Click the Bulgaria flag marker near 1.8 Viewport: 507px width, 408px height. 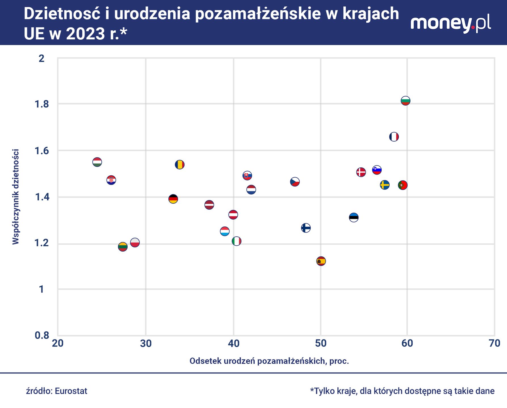click(x=405, y=101)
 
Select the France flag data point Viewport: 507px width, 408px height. click(x=394, y=137)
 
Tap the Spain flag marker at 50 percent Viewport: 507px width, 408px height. click(x=321, y=261)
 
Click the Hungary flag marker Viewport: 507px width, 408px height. click(x=97, y=162)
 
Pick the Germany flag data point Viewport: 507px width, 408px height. click(x=173, y=199)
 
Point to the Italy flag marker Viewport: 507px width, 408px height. click(x=236, y=241)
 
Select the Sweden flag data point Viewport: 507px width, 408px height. click(x=385, y=185)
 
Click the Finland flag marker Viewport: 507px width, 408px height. click(x=306, y=228)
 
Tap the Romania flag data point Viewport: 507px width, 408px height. click(x=179, y=164)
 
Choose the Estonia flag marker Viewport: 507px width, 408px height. click(x=354, y=217)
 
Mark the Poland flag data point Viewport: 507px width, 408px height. click(x=135, y=243)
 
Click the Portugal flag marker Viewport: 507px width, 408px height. click(x=403, y=185)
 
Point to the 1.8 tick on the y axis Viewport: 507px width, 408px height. click(x=42, y=104)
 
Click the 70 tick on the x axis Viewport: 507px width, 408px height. click(x=495, y=343)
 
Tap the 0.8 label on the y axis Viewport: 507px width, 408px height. click(x=42, y=335)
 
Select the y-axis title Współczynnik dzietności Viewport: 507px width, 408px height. click(x=16, y=196)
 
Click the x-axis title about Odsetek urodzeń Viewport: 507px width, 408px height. click(x=269, y=361)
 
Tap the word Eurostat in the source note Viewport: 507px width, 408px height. click(x=71, y=391)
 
